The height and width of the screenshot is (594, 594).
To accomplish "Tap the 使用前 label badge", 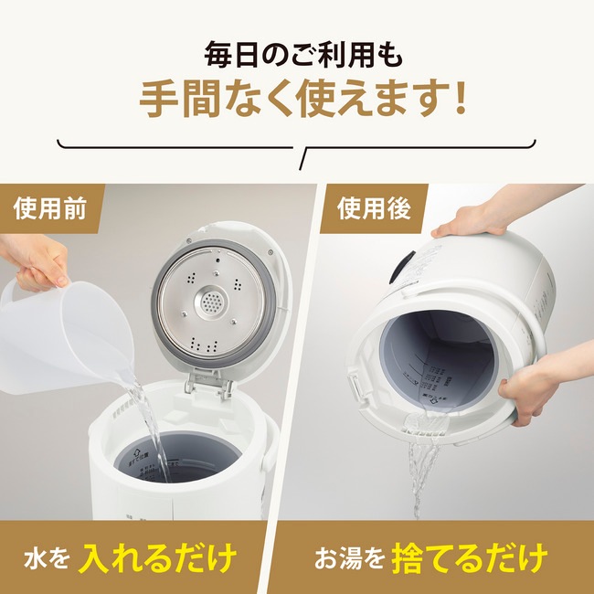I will point(49,207).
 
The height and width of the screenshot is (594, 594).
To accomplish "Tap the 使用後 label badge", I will point(374,207).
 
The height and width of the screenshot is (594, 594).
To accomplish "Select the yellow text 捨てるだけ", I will point(471,555).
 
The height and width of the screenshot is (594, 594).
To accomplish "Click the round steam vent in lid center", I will point(211,301).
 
